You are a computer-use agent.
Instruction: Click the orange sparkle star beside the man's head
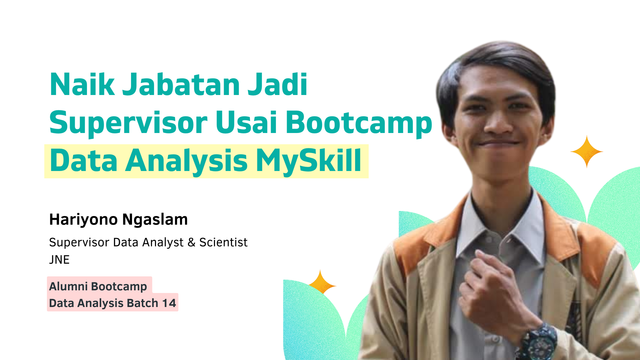click(x=586, y=152)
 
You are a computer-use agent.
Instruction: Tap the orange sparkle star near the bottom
click(x=321, y=283)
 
